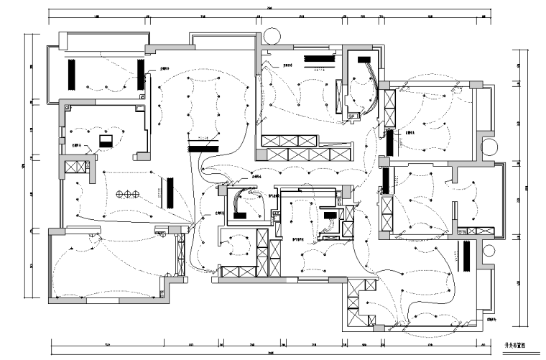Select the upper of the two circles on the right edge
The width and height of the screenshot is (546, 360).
pyautogui.click(x=489, y=147)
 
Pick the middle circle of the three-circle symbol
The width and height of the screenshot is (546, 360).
pyautogui.click(x=129, y=193)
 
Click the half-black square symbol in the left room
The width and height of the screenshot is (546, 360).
pyautogui.click(x=106, y=142)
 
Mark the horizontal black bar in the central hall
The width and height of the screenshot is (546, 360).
pyautogui.click(x=200, y=149)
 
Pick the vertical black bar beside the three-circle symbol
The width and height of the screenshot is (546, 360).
pyautogui.click(x=170, y=192)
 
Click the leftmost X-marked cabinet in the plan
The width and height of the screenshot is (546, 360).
pyautogui.click(x=75, y=167)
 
